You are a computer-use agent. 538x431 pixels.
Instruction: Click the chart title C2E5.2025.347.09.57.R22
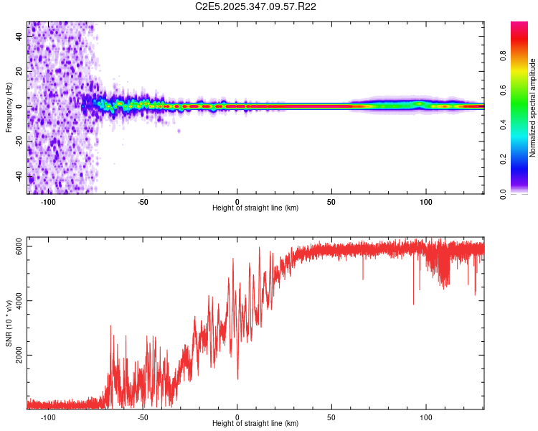pyautogui.click(x=256, y=6)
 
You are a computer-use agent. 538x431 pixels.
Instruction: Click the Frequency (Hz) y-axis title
pyautogui.click(x=9, y=108)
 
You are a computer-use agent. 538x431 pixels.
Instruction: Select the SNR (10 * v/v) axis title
pyautogui.click(x=9, y=323)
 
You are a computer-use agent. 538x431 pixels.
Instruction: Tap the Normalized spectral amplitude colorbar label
pyautogui.click(x=532, y=108)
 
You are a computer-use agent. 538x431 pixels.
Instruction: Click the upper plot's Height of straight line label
pyautogui.click(x=255, y=208)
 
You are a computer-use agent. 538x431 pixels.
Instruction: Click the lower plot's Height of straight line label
pyautogui.click(x=255, y=423)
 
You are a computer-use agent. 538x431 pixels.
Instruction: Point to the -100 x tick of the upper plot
pyautogui.click(x=48, y=201)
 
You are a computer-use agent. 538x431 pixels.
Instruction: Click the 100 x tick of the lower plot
pyautogui.click(x=426, y=417)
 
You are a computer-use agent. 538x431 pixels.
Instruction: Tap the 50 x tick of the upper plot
pyautogui.click(x=331, y=201)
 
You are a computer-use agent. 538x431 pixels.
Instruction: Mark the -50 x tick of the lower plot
pyautogui.click(x=142, y=417)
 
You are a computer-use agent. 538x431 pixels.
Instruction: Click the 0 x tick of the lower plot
pyautogui.click(x=237, y=417)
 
